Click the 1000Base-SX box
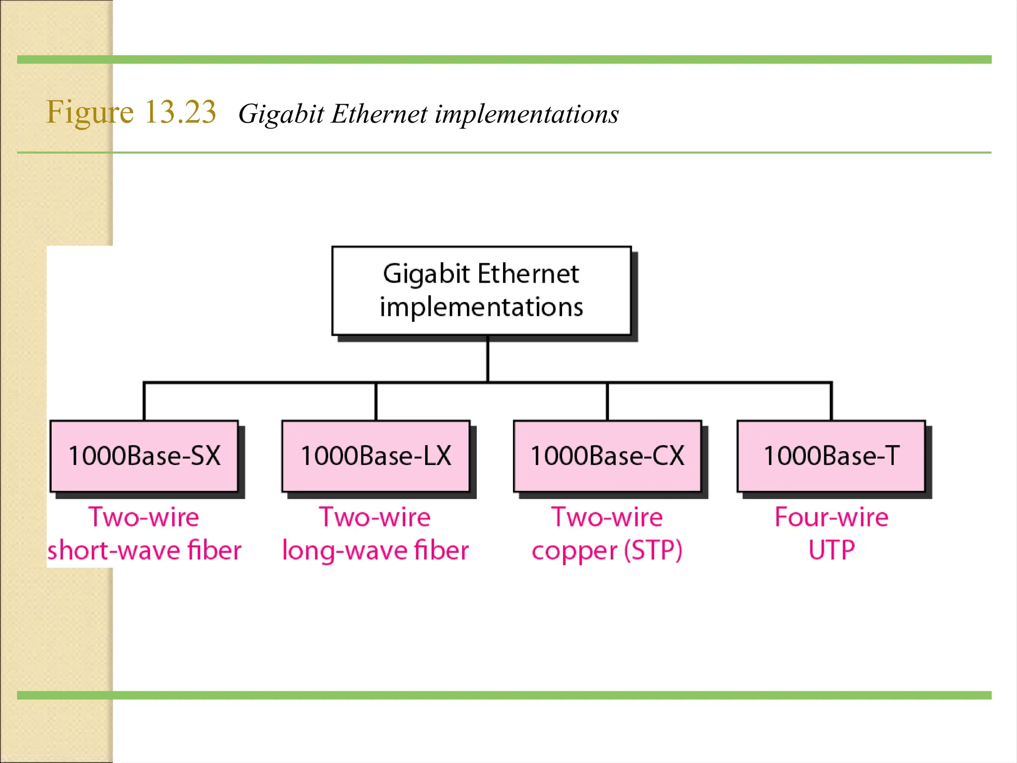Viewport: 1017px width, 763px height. [144, 456]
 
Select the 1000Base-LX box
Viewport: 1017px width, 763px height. [376, 456]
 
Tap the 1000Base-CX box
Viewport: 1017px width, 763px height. [607, 456]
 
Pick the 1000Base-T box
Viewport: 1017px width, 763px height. [831, 456]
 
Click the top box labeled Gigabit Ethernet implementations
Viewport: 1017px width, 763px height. [481, 291]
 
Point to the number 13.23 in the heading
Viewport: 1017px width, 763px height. [181, 112]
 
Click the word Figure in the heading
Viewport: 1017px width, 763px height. [90, 112]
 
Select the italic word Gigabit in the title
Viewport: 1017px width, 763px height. [281, 114]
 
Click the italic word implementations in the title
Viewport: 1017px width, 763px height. [527, 114]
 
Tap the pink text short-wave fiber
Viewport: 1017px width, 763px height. [145, 550]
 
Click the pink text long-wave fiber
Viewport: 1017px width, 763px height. [375, 550]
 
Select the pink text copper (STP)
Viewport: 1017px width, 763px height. [607, 550]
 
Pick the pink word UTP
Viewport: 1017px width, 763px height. [832, 550]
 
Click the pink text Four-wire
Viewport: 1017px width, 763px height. [832, 517]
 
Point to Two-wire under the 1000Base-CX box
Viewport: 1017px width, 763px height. [607, 517]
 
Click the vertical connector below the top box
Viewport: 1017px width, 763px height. [488, 359]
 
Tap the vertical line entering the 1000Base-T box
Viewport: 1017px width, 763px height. [831, 401]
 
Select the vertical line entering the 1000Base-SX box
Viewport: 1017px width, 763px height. [144, 401]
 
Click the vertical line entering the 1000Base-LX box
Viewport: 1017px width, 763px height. [376, 401]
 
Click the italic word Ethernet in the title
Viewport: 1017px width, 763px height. [379, 114]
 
